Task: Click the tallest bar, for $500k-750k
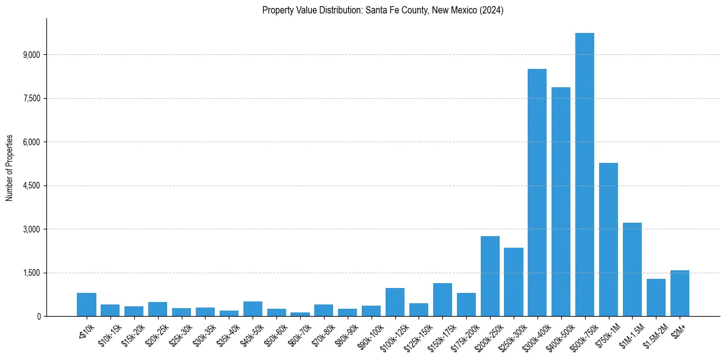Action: [x=584, y=175]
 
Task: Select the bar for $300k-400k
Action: [x=537, y=193]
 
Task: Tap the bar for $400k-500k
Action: [x=561, y=201]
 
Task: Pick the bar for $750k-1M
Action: [x=608, y=239]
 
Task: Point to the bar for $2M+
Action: [x=680, y=293]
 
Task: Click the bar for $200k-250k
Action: [x=490, y=276]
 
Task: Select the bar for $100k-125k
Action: [x=395, y=302]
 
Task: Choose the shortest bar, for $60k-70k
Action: [x=300, y=314]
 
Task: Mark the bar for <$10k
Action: [x=87, y=304]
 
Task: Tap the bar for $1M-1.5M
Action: [x=632, y=269]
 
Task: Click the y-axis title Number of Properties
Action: [x=10, y=167]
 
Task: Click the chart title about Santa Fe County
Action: [x=383, y=10]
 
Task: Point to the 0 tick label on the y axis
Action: [x=38, y=316]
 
